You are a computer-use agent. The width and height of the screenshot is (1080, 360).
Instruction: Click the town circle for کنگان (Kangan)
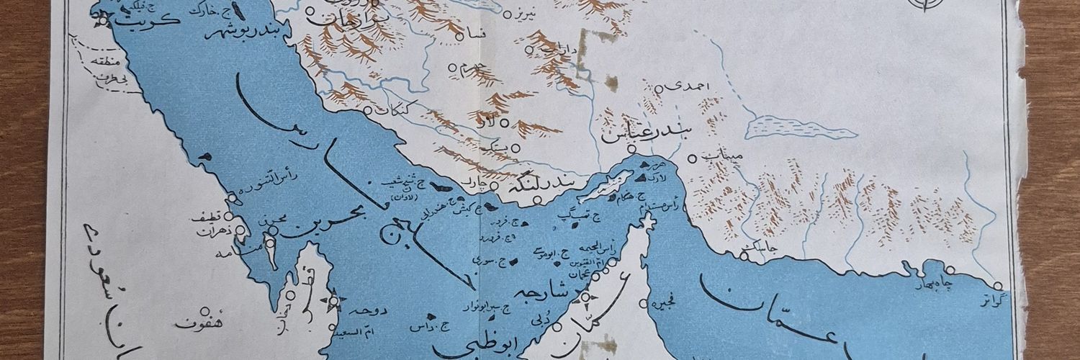click(x=367, y=112)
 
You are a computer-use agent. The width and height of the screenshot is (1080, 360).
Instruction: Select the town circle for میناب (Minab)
click(x=692, y=159)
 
